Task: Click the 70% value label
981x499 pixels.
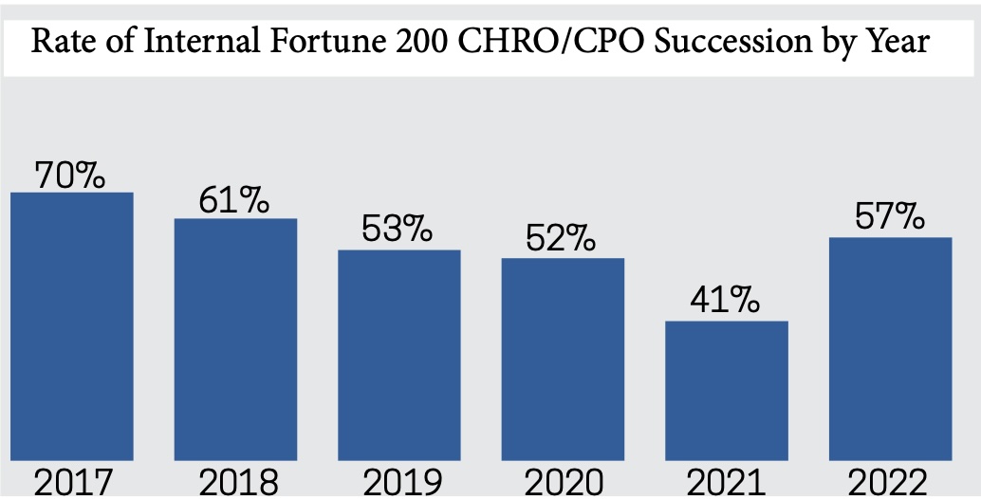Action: click(x=70, y=175)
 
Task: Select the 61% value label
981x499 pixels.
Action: click(x=234, y=201)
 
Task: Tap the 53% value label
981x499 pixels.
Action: click(x=398, y=231)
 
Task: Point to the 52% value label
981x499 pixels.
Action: click(x=562, y=239)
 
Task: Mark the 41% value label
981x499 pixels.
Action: click(x=726, y=303)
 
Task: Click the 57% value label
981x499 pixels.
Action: click(x=890, y=218)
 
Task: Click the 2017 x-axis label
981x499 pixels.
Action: click(x=71, y=483)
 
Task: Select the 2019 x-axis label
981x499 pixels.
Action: click(x=399, y=483)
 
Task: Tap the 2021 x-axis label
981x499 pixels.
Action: click(x=727, y=483)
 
